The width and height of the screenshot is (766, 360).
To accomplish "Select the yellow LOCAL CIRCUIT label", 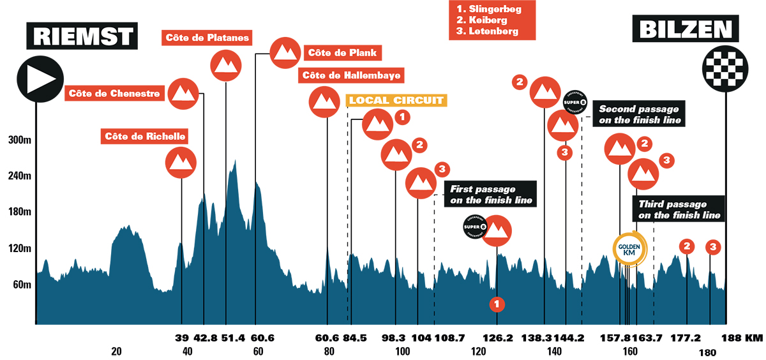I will [x=396, y=100].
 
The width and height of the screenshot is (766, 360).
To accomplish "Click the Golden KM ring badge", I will [x=630, y=248].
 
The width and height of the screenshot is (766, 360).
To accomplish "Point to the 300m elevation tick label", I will [x=16, y=140].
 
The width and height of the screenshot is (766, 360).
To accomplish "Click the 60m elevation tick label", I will [x=19, y=284].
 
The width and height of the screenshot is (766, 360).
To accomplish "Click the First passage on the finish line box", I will [x=491, y=194].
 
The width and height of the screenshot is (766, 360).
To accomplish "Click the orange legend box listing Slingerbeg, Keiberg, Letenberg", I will [x=492, y=20].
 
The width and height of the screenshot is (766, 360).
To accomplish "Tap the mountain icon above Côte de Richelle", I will [x=181, y=163].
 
